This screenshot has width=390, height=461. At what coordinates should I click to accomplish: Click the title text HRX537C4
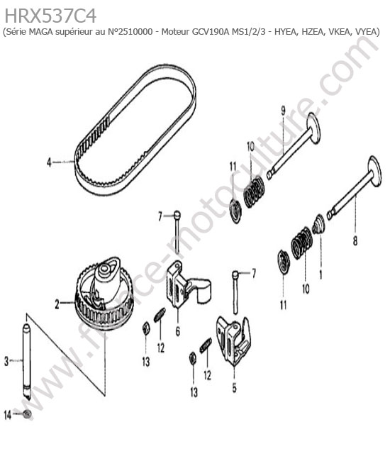(50, 16)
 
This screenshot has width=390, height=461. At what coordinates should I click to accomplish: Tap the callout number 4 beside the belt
(49, 162)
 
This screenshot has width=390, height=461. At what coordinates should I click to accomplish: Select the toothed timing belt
(135, 130)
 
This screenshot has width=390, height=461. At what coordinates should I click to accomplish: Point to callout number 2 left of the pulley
(57, 304)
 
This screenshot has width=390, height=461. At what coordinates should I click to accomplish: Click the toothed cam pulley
(105, 293)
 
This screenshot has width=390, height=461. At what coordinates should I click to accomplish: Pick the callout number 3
(6, 361)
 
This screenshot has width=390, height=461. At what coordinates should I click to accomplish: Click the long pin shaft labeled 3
(26, 361)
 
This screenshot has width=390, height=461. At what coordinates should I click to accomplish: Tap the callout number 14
(7, 415)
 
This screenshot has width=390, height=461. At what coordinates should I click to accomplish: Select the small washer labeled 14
(28, 415)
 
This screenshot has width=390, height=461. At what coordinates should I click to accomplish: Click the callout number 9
(283, 111)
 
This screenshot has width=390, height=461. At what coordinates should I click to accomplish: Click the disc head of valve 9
(313, 128)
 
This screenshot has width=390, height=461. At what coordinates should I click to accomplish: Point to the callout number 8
(355, 241)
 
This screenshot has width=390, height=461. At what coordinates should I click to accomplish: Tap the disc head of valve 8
(374, 172)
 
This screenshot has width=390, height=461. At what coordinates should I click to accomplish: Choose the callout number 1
(321, 274)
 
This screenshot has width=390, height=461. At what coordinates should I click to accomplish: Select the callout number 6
(178, 331)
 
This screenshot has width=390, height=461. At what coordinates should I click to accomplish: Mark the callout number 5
(234, 388)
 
